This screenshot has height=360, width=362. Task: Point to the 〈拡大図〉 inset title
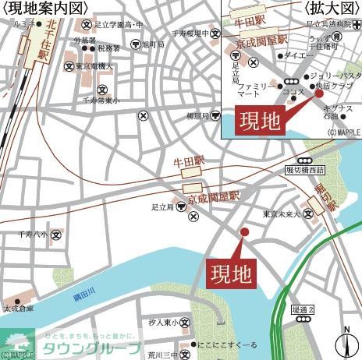[330, 8]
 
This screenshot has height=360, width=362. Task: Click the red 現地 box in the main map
[232, 272]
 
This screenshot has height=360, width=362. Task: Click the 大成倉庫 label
[20, 309]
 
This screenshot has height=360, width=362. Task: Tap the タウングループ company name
[91, 348]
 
